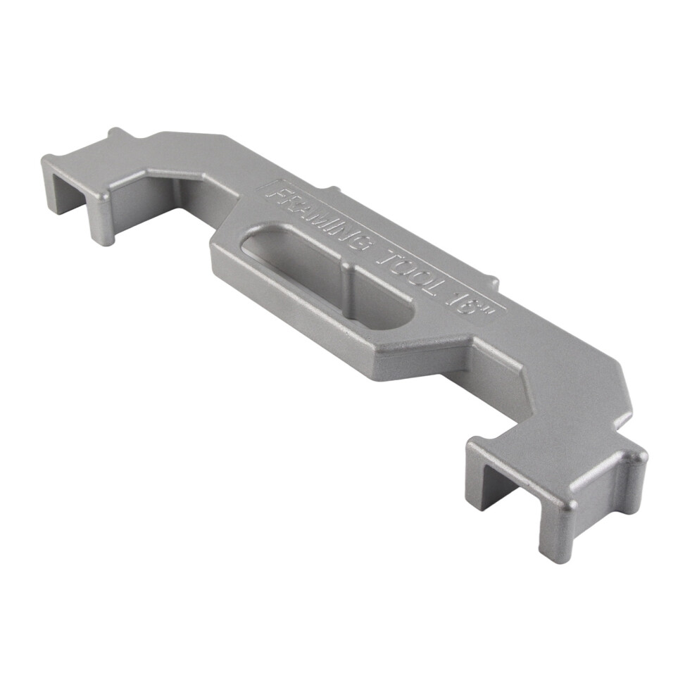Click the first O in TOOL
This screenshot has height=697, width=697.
[401, 270]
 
